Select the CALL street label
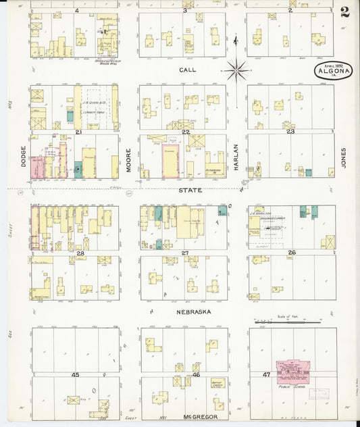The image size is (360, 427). tap(186, 70)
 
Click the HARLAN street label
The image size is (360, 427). tap(236, 155)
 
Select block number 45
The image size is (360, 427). tap(75, 374)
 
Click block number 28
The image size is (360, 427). tap(79, 253)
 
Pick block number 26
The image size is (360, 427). tap(291, 253)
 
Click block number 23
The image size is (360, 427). tap(290, 132)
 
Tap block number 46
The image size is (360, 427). tap(197, 374)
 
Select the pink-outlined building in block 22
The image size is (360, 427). tap(172, 160)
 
